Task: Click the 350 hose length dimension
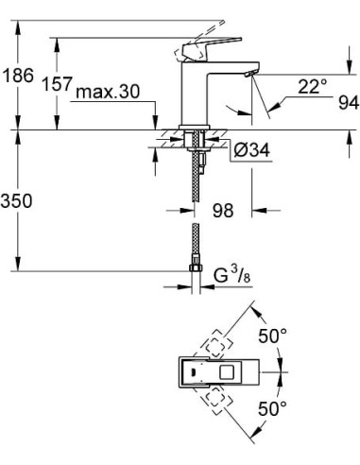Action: (19, 201)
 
